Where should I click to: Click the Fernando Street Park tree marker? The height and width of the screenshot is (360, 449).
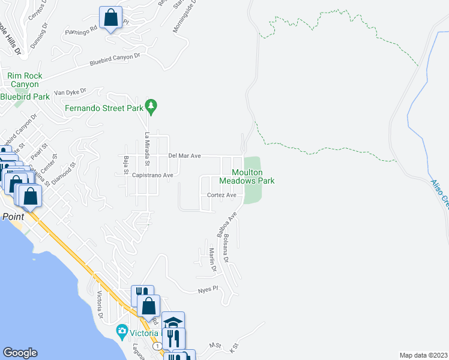[152, 106]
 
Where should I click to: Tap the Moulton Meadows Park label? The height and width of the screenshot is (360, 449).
[246, 176]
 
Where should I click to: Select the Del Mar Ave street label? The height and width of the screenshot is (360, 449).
[184, 155]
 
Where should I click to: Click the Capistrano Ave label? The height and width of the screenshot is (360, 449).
[152, 175]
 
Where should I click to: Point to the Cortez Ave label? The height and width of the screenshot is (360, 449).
[221, 195]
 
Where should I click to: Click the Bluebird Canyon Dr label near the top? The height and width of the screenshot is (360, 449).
[115, 59]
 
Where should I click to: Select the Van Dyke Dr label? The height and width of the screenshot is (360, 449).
[70, 92]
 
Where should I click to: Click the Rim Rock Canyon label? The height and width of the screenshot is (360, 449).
[23, 80]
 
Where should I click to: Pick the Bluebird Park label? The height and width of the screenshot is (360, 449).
[25, 97]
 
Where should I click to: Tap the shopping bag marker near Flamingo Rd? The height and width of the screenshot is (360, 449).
[111, 18]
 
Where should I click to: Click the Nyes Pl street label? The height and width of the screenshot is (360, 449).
[206, 290]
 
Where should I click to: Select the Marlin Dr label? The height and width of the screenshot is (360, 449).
[212, 260]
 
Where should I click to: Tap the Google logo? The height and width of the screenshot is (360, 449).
[20, 353]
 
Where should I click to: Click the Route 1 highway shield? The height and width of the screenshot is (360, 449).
[157, 346]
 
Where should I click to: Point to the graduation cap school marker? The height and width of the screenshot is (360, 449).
[173, 323]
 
